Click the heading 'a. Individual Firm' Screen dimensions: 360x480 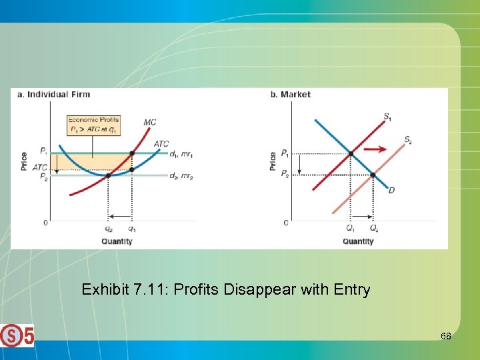click(53, 95)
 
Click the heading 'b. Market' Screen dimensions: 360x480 click(290, 95)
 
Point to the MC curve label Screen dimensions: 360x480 click(150, 122)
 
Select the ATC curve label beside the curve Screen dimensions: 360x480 click(161, 144)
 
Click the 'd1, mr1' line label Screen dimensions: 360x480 click(181, 154)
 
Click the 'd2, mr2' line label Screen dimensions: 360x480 click(181, 176)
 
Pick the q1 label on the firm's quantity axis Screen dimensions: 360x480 click(132, 228)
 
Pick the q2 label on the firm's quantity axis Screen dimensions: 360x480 click(108, 228)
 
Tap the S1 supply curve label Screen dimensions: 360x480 click(387, 117)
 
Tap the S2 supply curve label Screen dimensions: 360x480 click(407, 140)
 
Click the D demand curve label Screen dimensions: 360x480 click(391, 191)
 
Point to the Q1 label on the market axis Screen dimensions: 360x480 click(351, 228)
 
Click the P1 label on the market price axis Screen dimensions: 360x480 click(285, 153)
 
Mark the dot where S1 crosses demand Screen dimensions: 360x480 click(351, 153)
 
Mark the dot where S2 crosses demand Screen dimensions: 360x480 click(373, 175)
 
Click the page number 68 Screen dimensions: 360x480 click(445, 337)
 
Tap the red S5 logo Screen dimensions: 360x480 click(17, 335)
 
